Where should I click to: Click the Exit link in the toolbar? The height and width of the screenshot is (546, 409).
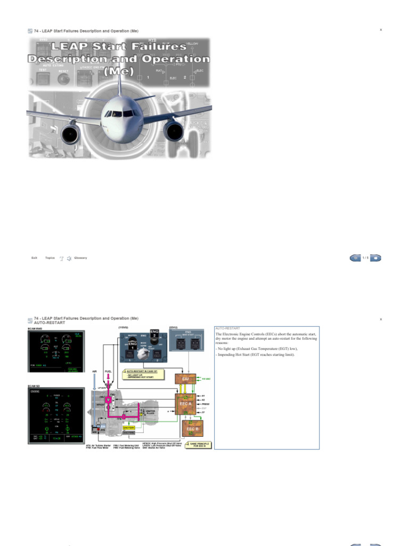(34, 258)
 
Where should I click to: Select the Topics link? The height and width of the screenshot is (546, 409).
(50, 258)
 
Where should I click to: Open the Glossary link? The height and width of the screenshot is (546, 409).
(80, 258)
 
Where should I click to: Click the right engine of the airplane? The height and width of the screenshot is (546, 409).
(173, 130)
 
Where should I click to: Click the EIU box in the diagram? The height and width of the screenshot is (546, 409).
(185, 379)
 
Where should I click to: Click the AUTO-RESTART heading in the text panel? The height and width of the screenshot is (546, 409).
(227, 328)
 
